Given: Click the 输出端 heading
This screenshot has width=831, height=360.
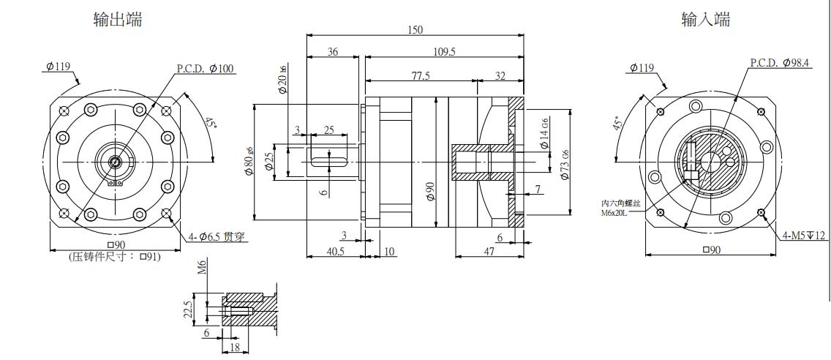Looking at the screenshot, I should pyautogui.click(x=118, y=20).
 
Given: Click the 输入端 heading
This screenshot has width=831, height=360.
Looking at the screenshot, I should pyautogui.click(x=705, y=20).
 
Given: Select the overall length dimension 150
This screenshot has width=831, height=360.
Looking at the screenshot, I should pyautogui.click(x=415, y=30).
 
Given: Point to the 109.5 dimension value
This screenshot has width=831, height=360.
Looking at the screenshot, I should pyautogui.click(x=444, y=52).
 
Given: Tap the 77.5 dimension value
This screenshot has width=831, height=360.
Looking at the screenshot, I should pyautogui.click(x=420, y=75).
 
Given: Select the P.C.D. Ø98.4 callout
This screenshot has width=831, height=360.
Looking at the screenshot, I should pyautogui.click(x=780, y=64).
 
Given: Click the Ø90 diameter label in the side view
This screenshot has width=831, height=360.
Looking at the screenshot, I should pyautogui.click(x=429, y=192).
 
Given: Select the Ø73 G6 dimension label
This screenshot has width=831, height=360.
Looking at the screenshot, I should pyautogui.click(x=564, y=165).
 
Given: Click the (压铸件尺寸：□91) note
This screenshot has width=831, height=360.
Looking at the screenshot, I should pyautogui.click(x=114, y=256).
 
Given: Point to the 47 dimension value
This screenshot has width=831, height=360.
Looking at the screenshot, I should pyautogui.click(x=489, y=251).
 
